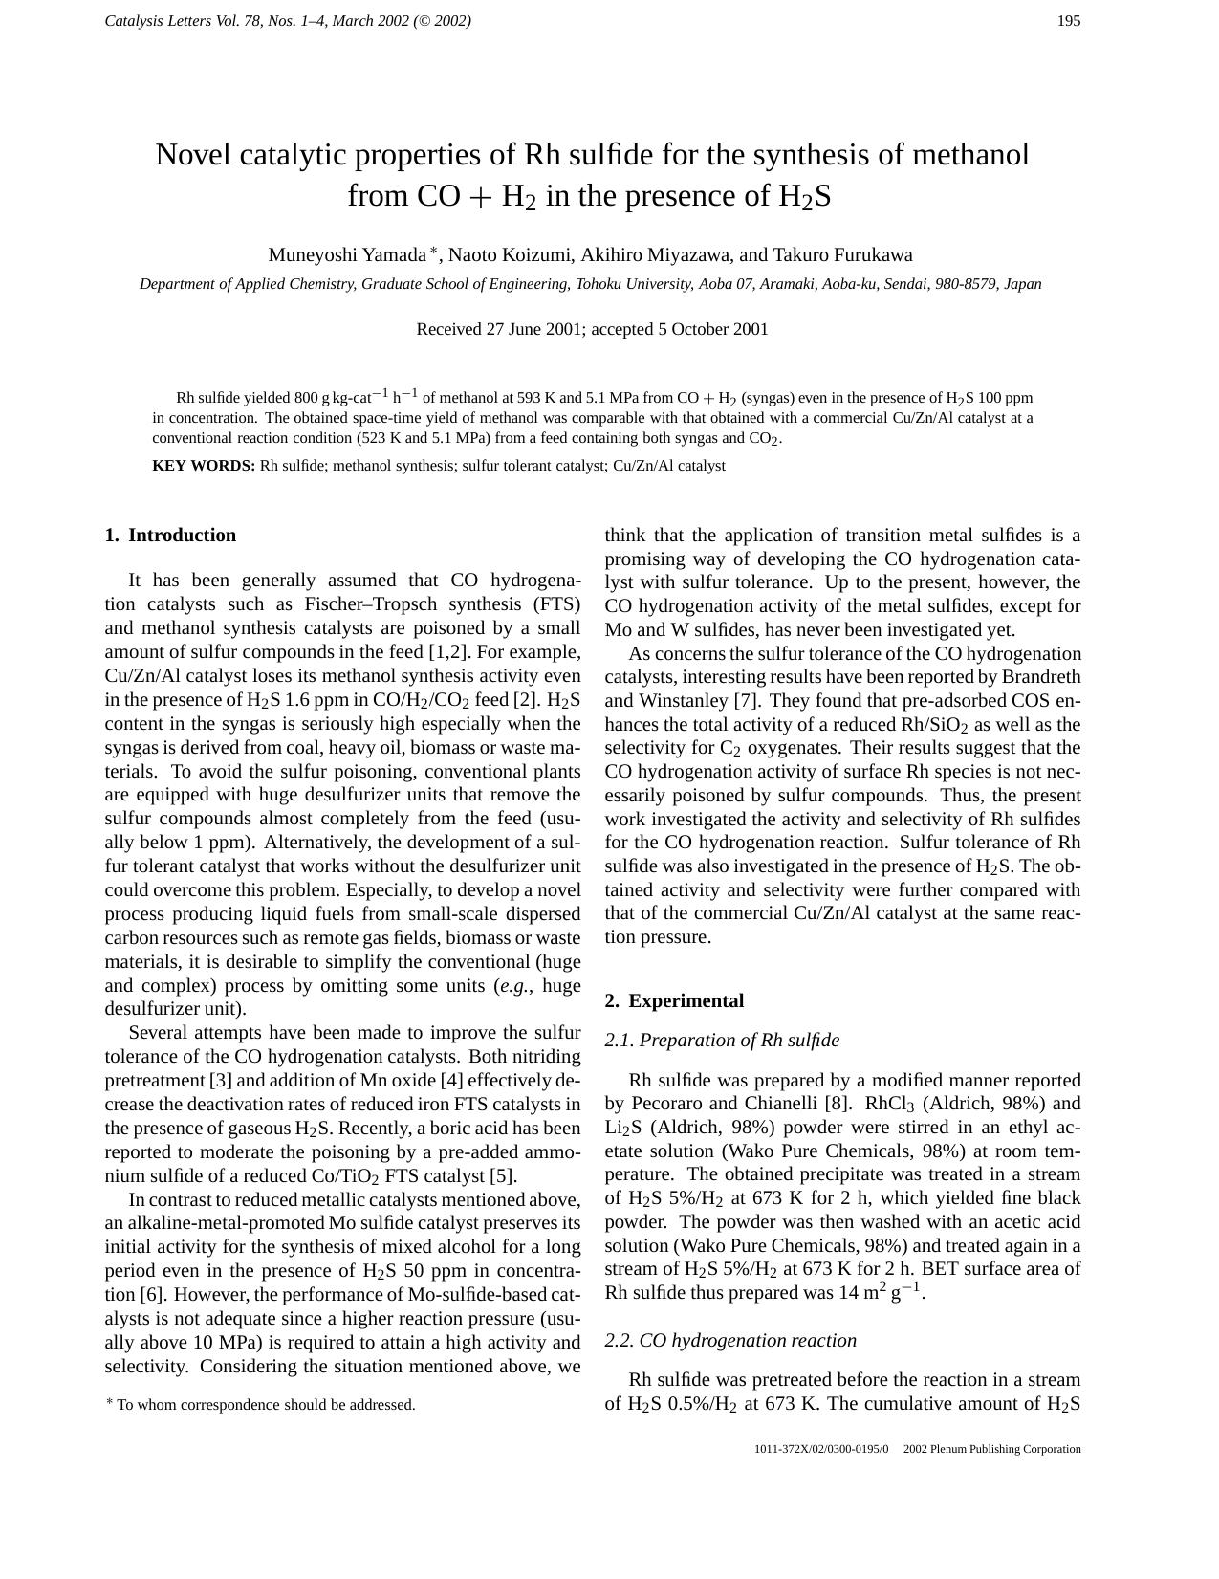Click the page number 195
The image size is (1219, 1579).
1069,21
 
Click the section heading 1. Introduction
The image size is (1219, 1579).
170,536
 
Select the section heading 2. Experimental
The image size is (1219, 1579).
674,1001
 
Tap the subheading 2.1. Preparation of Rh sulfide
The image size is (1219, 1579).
722,1041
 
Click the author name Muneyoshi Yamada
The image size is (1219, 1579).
346,255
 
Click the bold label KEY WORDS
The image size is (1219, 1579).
204,467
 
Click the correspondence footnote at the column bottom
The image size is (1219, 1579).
260,1405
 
